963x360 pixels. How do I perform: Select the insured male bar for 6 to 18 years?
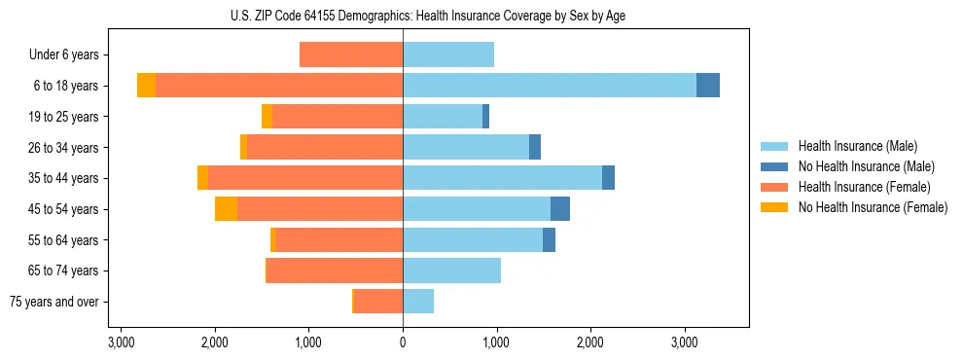(550, 86)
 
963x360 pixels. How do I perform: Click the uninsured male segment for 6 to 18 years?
(708, 86)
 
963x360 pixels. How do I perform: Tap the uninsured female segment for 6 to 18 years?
(146, 86)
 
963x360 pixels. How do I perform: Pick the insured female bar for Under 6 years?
(351, 54)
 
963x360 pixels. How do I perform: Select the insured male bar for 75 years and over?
(418, 302)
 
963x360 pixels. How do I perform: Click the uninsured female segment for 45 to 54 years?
(226, 209)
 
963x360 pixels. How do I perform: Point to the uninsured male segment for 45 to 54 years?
(560, 209)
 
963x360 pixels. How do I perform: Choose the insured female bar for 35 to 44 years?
(305, 178)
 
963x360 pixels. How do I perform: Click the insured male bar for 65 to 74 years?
(451, 270)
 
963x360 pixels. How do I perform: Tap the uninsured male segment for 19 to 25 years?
(485, 117)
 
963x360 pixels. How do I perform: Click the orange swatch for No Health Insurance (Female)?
(774, 207)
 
